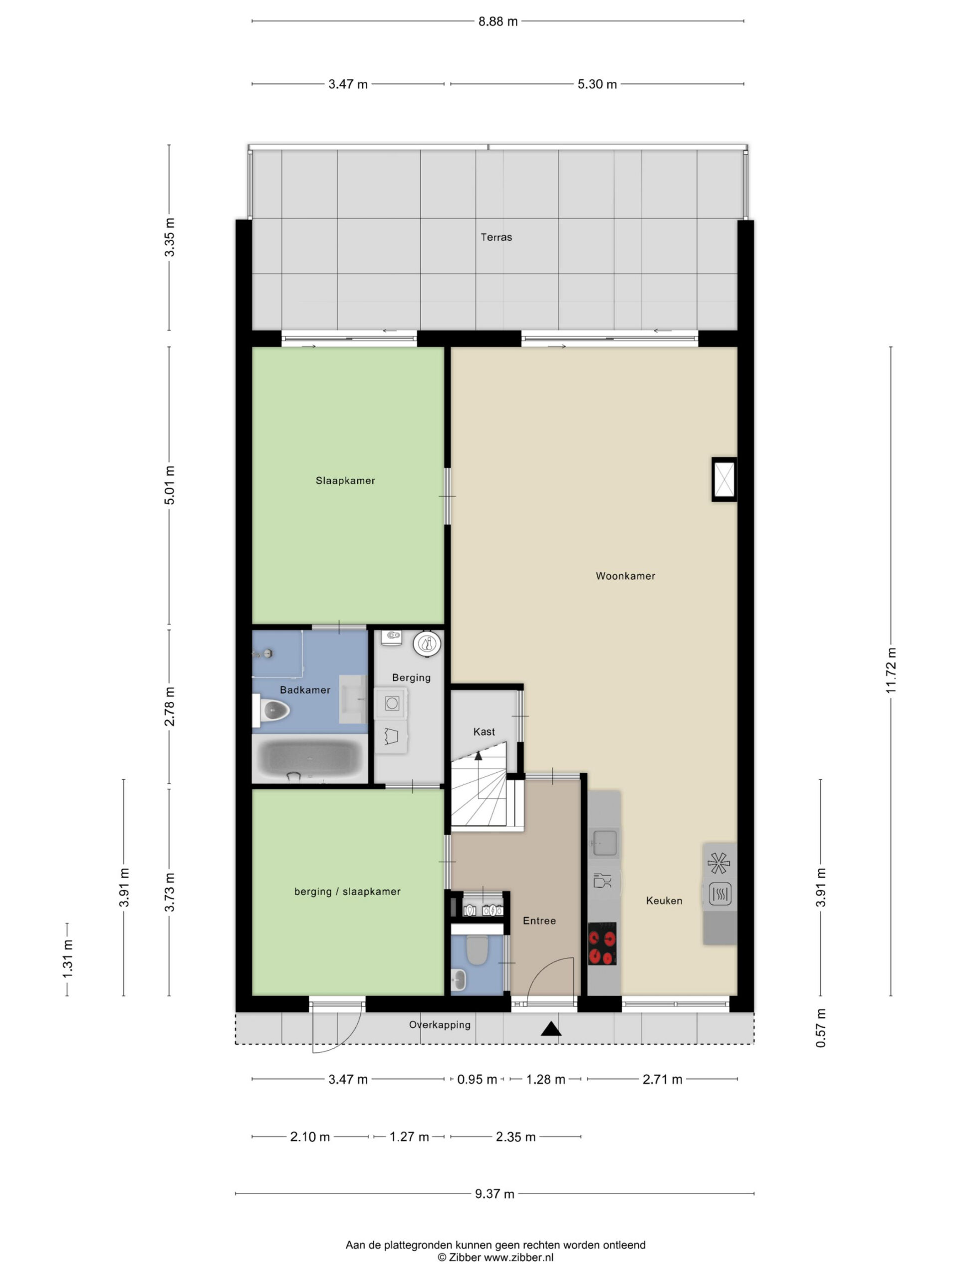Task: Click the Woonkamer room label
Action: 625,576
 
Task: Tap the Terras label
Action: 496,237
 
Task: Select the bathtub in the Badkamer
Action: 309,759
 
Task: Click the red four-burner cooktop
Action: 602,944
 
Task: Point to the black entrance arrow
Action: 551,1029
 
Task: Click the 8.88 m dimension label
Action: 498,21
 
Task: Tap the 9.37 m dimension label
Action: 494,1194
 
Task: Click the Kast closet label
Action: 484,732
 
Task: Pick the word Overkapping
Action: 440,1025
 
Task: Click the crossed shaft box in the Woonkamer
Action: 724,479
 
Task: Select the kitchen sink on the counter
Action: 605,842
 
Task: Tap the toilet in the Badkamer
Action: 271,711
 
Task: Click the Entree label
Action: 539,921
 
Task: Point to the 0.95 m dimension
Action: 477,1079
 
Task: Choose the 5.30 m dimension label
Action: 597,84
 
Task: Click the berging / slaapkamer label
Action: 347,892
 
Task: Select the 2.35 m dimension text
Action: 515,1137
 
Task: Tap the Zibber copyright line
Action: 495,1258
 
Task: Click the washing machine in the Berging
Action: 392,703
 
